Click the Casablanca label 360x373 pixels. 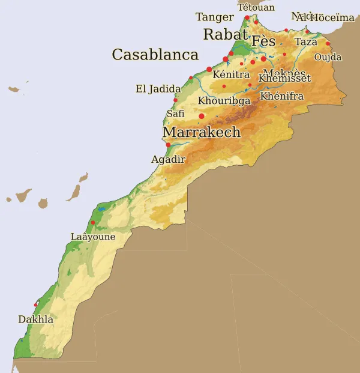click(155, 55)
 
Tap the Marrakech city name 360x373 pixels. click(202, 132)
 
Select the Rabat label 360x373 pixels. click(226, 34)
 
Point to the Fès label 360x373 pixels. click(263, 41)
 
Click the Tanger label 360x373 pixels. click(214, 17)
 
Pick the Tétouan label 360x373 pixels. click(256, 7)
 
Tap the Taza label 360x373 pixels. click(306, 42)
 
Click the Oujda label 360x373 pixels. click(328, 57)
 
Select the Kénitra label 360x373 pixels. click(231, 74)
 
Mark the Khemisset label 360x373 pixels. click(284, 78)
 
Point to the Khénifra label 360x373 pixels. click(282, 96)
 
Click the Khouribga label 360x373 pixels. click(224, 101)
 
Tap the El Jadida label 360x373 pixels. click(158, 89)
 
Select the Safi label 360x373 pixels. click(175, 113)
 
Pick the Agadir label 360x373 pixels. click(168, 159)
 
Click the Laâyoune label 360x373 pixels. click(92, 237)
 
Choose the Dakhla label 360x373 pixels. click(35, 320)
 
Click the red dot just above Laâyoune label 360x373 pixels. click(93, 223)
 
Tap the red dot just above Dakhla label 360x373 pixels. click(36, 305)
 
